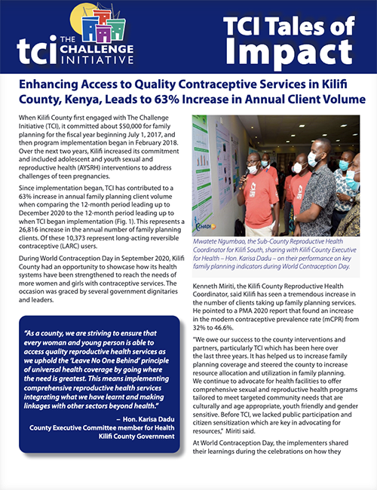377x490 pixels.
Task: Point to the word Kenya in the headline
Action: click(83, 99)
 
